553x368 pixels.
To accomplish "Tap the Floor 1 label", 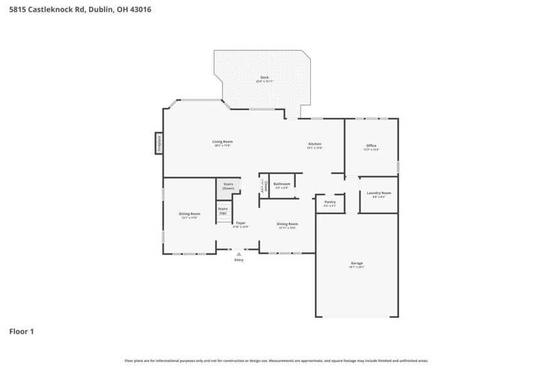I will coord(21,331).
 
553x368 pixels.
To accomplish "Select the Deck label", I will coord(265,78).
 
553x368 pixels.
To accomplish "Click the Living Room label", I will coord(223,142).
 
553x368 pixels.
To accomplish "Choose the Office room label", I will coord(371,146).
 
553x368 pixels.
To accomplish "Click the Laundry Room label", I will coord(378,193).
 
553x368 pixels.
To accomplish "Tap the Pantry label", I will coord(330,202).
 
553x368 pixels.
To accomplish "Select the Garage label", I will coord(356,263).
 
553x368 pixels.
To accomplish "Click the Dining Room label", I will coord(287,224).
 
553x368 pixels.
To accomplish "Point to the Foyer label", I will coord(241,223).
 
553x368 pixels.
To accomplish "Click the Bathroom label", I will coord(282,184).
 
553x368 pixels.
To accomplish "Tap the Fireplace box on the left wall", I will coord(159,143).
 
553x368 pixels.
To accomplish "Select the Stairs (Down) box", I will coord(229,187).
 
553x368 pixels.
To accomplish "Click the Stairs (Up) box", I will coord(223,211).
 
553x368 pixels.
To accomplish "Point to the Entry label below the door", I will coord(239,260).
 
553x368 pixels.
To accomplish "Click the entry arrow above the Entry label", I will coord(239,254).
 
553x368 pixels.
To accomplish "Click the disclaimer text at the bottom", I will coord(276,361).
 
